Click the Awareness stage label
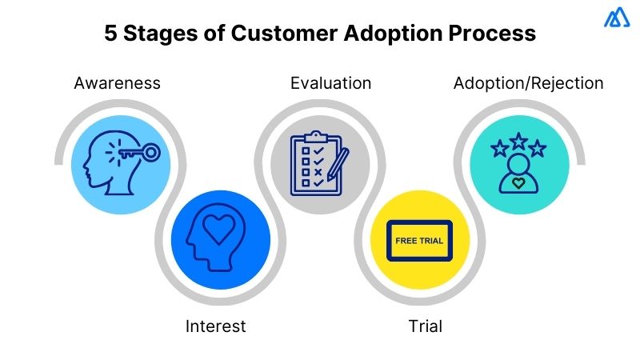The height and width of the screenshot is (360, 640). click(117, 83)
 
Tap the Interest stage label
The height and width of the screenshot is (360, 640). click(216, 326)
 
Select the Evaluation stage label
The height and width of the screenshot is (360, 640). click(330, 83)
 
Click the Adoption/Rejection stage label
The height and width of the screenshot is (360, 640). click(528, 83)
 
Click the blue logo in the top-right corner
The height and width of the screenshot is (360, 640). click(617, 18)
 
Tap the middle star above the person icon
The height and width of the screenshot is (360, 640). click(519, 142)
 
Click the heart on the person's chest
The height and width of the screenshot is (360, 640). click(519, 183)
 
